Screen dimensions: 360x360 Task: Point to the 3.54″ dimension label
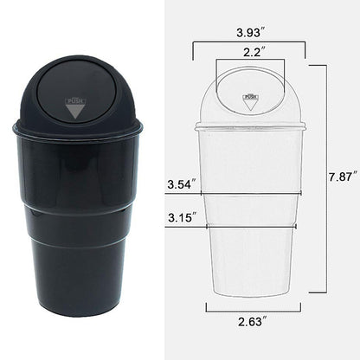tap(182, 183)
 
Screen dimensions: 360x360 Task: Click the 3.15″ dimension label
tap(182, 217)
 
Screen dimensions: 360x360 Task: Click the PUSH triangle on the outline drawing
tap(249, 100)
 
